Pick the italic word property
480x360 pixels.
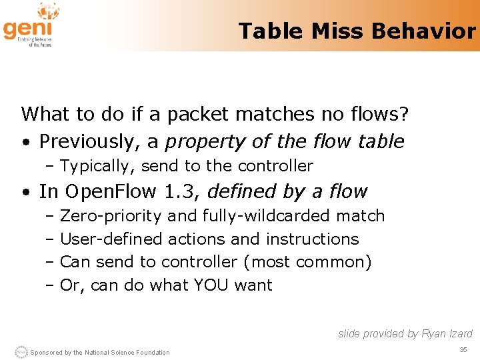coord(202,142)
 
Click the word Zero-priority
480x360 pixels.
coord(111,216)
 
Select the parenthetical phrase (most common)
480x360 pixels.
coord(307,262)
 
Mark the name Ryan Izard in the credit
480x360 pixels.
coord(447,333)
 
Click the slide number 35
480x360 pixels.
coord(463,350)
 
